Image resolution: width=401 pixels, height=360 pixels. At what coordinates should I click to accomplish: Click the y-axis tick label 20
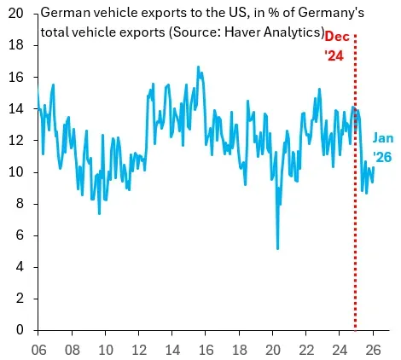[x=15, y=14]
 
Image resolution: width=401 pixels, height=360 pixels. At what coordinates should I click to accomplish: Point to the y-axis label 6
[x=20, y=235]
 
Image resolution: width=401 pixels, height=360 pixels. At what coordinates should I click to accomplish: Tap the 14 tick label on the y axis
[x=15, y=108]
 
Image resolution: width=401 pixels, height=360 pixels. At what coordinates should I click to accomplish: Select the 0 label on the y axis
[x=20, y=330]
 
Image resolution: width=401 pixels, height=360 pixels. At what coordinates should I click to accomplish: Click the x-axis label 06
[x=38, y=350]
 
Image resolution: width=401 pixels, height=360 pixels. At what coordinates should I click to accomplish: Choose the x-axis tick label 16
[x=206, y=350]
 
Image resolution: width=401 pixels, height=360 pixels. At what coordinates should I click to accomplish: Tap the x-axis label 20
[x=273, y=350]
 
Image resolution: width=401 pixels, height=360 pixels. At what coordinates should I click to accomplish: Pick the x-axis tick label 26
[x=373, y=350]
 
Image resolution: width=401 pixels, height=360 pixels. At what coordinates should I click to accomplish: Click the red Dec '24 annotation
[x=337, y=46]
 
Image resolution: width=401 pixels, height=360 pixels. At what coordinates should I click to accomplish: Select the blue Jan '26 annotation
[x=383, y=148]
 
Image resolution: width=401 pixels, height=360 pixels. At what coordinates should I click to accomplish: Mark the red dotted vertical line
[x=355, y=182]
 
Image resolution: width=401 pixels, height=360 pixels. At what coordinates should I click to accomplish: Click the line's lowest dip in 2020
[x=277, y=249]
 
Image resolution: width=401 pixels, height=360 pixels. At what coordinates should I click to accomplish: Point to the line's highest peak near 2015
[x=198, y=67]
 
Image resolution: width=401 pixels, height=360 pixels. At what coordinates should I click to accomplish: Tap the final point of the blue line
[x=373, y=167]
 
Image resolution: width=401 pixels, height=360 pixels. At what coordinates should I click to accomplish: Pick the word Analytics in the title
[x=292, y=32]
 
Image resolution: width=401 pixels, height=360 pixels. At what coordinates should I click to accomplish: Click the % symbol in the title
[x=274, y=13]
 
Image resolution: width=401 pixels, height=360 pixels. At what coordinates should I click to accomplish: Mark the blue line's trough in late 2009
[x=99, y=213]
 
